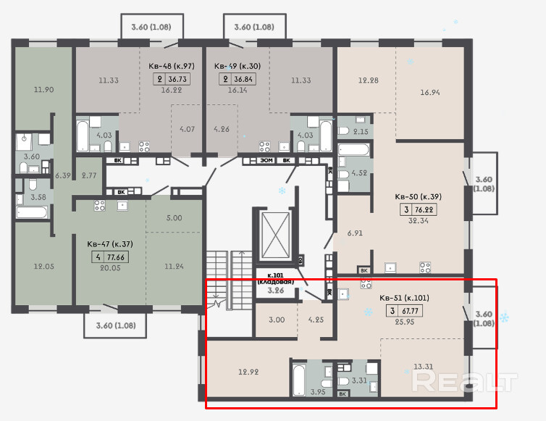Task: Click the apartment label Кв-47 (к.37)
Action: pyautogui.click(x=110, y=244)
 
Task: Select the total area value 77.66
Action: pyautogui.click(x=116, y=257)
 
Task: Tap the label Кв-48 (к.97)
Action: pyautogui.click(x=172, y=66)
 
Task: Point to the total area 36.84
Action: pyautogui.click(x=243, y=79)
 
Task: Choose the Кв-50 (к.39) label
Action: pyautogui.click(x=419, y=196)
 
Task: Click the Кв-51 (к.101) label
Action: pyautogui.click(x=404, y=298)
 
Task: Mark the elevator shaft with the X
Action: pyautogui.click(x=275, y=235)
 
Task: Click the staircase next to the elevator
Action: pyautogui.click(x=229, y=280)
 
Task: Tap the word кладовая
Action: pyautogui.click(x=275, y=282)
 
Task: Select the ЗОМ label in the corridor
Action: pyautogui.click(x=266, y=161)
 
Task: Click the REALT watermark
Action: pyautogui.click(x=464, y=381)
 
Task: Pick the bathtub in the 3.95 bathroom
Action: pyautogui.click(x=299, y=380)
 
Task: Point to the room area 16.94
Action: pyautogui.click(x=429, y=92)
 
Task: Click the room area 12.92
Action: pyautogui.click(x=248, y=372)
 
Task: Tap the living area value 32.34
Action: pyautogui.click(x=419, y=220)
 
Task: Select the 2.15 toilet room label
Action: pyautogui.click(x=361, y=131)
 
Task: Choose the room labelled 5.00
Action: pyautogui.click(x=174, y=218)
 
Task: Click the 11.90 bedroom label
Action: pyautogui.click(x=43, y=90)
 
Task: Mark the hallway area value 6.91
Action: pyautogui.click(x=355, y=233)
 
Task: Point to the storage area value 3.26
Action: pyautogui.click(x=275, y=291)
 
